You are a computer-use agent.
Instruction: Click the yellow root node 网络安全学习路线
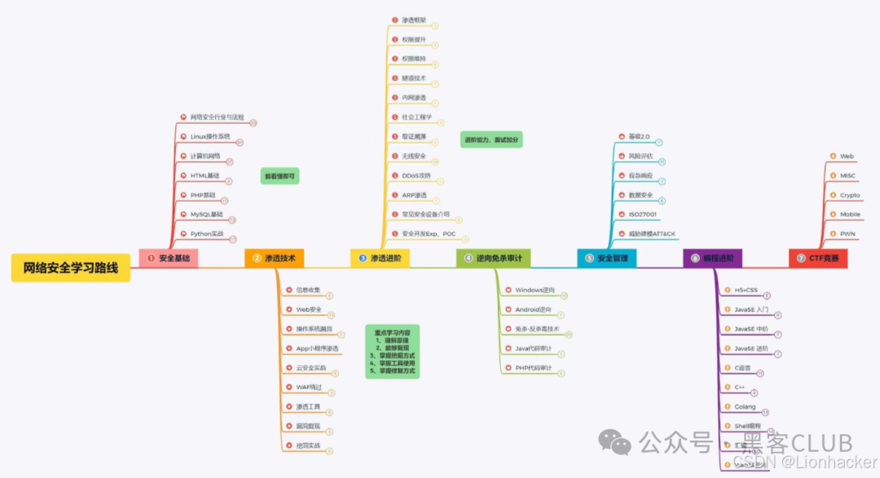click(71, 267)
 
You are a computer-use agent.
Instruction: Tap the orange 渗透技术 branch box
click(275, 258)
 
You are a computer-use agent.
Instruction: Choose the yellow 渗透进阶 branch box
click(381, 258)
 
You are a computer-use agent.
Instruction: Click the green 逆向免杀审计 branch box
click(493, 258)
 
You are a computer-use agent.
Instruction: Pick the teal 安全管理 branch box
click(607, 258)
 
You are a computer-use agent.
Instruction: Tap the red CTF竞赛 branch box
click(819, 258)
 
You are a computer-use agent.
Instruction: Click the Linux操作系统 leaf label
click(210, 136)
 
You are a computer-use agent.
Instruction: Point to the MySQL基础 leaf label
click(206, 214)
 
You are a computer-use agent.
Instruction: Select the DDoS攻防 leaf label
click(416, 175)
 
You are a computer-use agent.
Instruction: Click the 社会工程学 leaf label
click(416, 117)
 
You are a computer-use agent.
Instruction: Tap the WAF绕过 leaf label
click(309, 387)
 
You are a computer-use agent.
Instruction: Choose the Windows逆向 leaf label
click(535, 290)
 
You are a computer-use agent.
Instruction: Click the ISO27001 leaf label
click(642, 214)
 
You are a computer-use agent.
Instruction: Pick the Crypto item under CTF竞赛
click(850, 195)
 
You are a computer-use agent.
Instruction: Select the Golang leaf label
click(744, 406)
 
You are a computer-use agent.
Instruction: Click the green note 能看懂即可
click(280, 175)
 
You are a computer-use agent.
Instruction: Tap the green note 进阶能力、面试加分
click(491, 140)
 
